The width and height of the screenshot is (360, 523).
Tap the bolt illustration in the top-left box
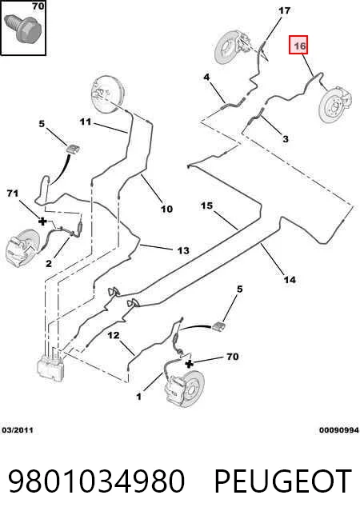(27, 29)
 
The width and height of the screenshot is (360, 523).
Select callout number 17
(285, 10)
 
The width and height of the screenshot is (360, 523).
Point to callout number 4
(207, 77)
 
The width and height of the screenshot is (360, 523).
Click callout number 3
(286, 138)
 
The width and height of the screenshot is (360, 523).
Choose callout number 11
(86, 122)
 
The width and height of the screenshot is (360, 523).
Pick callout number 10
(167, 210)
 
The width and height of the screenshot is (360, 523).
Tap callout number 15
(207, 206)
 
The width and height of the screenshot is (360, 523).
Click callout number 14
(290, 280)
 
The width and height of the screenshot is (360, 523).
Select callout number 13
(183, 250)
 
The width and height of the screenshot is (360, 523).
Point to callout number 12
(114, 335)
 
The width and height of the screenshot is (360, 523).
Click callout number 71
(12, 193)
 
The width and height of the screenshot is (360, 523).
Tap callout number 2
(49, 264)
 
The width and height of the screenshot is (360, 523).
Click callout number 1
(138, 397)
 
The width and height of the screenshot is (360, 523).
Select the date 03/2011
(18, 430)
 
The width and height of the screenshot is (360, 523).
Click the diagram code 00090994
(339, 430)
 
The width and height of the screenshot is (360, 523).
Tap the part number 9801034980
(96, 481)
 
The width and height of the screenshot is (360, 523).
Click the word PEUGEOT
(283, 481)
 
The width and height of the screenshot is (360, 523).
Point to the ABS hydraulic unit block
(51, 368)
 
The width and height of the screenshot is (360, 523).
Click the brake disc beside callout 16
(334, 105)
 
